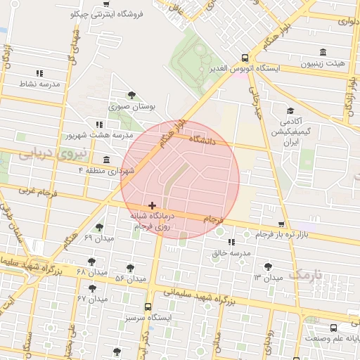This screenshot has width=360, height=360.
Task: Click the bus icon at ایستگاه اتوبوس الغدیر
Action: coord(244,58)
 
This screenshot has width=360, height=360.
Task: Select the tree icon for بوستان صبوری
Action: coord(131,96)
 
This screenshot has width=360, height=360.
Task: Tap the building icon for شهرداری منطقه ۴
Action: coord(105,160)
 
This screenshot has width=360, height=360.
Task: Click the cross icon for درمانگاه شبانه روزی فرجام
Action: coord(153,205)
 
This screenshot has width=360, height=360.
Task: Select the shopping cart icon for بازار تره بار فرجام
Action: coord(281,224)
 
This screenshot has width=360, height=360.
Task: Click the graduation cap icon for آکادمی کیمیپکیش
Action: coord(290,110)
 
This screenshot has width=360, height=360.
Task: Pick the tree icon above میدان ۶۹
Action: coord(99,227)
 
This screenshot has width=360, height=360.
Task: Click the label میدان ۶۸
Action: coord(91,272)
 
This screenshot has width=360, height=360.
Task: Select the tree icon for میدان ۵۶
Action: coord(130,268)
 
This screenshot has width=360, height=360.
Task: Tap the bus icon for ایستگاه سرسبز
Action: coord(148,307)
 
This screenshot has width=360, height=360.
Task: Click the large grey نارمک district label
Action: coord(308,273)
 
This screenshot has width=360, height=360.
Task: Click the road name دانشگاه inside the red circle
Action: coord(215,141)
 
